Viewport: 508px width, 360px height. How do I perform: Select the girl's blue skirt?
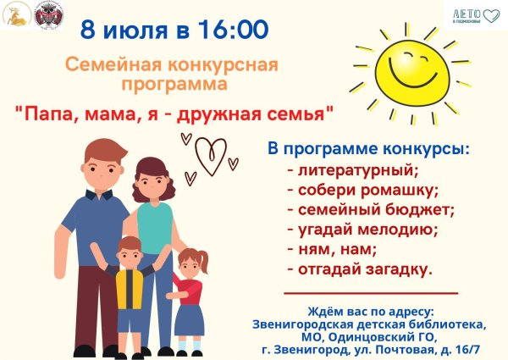[190, 320]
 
